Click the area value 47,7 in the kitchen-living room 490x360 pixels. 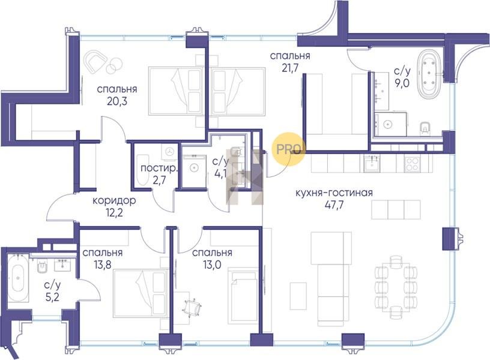point(334,206)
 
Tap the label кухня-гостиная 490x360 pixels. point(334,193)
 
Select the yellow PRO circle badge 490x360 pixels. point(290,149)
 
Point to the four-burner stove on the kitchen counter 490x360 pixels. point(412,164)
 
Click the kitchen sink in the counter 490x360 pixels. point(372,164)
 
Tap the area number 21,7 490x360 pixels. point(290,68)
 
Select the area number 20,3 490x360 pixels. point(116,101)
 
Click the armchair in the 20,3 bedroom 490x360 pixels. point(96,61)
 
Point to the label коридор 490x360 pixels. point(114,200)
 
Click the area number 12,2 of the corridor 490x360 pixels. point(114,213)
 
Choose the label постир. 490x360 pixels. point(159,169)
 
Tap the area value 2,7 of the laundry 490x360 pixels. point(159,180)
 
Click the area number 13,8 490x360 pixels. point(103,265)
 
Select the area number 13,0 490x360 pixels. point(212,265)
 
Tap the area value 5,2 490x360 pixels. point(52,297)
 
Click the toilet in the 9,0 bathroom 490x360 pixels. point(425,128)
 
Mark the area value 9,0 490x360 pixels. point(402,84)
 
